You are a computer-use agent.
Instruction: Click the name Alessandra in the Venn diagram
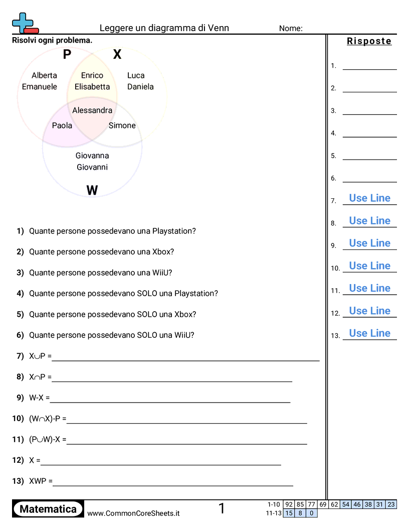[x=92, y=110]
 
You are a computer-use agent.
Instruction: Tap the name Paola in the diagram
[x=62, y=125]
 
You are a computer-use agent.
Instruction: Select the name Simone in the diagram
[x=122, y=125]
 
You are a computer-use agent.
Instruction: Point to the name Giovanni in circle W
[x=92, y=167]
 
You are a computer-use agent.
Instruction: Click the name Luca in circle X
[x=136, y=75]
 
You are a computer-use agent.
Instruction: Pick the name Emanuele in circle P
[x=40, y=86]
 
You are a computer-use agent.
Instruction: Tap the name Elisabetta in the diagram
[x=92, y=86]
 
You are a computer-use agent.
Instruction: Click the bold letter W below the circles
[x=92, y=190]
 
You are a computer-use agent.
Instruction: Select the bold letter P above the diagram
[x=67, y=55]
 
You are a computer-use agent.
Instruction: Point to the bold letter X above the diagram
[x=117, y=55]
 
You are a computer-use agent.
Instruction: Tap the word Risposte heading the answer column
[x=369, y=41]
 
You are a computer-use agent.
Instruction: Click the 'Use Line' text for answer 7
[x=370, y=198]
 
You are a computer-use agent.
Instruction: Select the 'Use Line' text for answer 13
[x=370, y=333]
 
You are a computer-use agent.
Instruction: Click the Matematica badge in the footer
[x=48, y=509]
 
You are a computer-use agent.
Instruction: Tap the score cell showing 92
[x=289, y=504]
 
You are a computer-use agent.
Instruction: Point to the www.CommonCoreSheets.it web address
[x=133, y=513]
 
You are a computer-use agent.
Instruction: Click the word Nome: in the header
[x=291, y=28]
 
